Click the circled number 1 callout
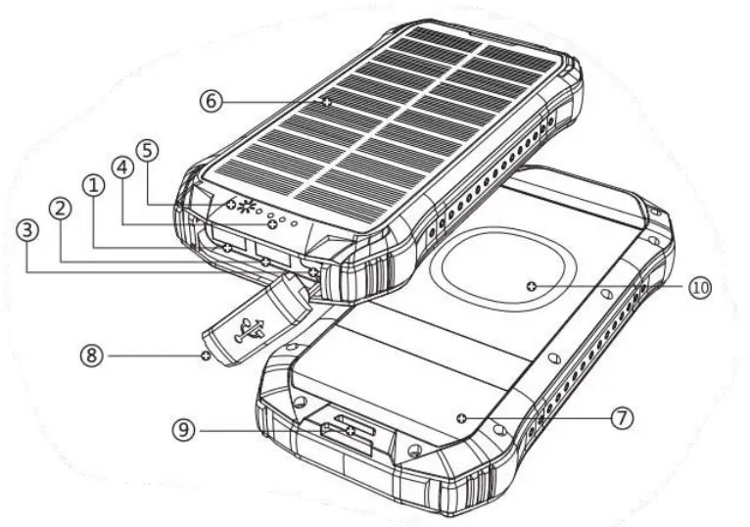(95, 185)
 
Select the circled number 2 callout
(61, 208)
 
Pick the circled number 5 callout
(147, 151)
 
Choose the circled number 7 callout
(621, 417)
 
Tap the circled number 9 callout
(184, 428)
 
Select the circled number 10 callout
(698, 288)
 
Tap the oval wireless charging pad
(501, 276)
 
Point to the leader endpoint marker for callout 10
(531, 286)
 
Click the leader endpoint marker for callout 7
(461, 418)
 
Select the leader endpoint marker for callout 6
(327, 101)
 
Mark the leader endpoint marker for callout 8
(205, 356)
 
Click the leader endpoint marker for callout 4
(272, 226)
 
